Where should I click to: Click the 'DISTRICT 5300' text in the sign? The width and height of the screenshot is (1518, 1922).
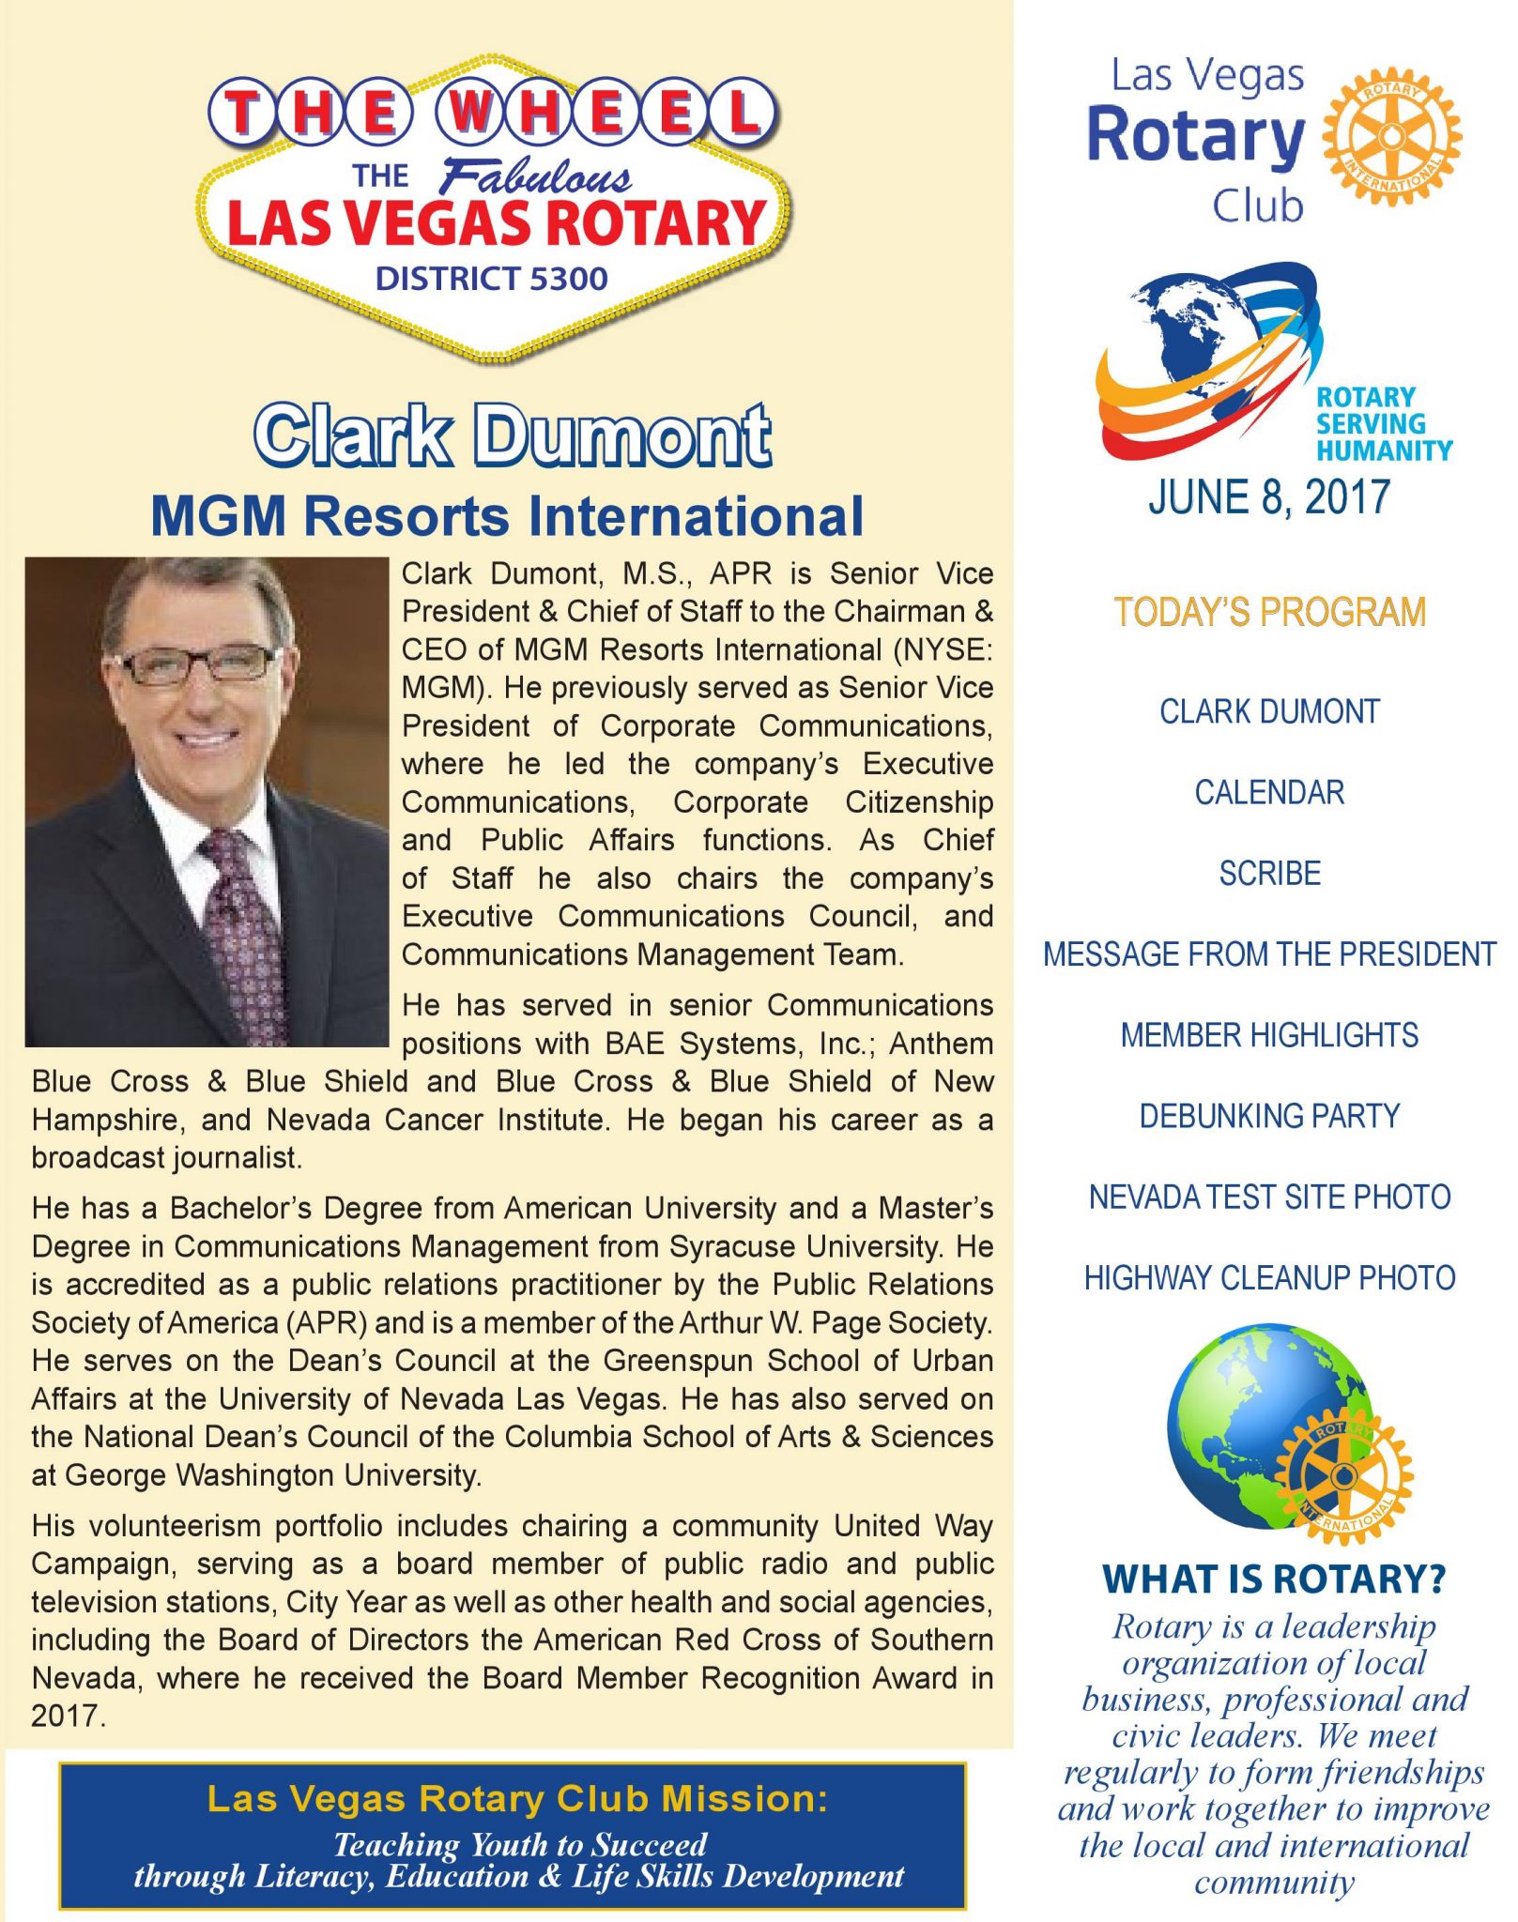[x=491, y=279]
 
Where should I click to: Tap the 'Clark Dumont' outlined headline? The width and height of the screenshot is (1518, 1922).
[x=513, y=435]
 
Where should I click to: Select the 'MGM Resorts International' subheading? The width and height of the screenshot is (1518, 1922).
[x=507, y=516]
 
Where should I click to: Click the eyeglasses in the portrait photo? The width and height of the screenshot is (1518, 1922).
[x=200, y=663]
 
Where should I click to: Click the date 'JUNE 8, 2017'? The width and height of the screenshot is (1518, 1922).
[x=1268, y=497]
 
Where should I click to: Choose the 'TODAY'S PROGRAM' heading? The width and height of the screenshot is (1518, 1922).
[x=1269, y=612]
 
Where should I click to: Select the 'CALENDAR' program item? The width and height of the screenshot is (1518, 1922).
[x=1269, y=793]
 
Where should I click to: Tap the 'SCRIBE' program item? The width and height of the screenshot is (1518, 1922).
[x=1269, y=874]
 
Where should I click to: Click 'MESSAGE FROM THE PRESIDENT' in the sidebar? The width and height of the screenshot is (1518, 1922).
[x=1269, y=954]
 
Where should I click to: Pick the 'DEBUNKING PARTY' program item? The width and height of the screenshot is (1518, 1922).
[x=1269, y=1116]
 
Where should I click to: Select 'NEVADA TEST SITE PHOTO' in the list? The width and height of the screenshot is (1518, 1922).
[x=1269, y=1197]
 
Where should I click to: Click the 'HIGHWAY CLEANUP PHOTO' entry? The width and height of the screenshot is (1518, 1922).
[x=1269, y=1278]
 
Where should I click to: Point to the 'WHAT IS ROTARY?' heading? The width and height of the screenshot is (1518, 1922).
[x=1274, y=1579]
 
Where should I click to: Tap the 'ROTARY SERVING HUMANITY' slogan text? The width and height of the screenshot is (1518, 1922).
[x=1382, y=424]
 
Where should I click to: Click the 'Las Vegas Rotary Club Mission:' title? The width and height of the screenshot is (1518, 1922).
[x=517, y=1799]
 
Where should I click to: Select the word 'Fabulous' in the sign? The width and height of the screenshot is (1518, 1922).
[x=536, y=177]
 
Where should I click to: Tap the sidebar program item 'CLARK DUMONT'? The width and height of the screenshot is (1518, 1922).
[x=1269, y=711]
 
